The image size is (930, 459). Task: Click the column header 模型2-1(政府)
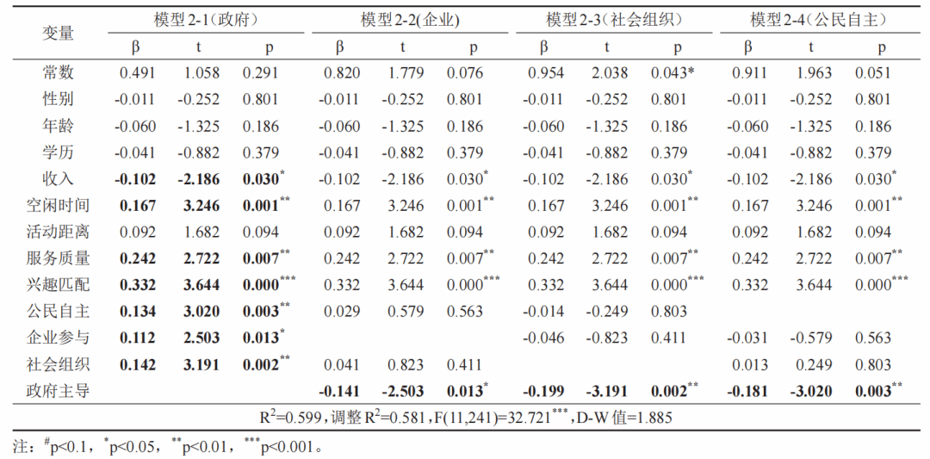pos(205,20)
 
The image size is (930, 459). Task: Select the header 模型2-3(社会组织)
pos(613,20)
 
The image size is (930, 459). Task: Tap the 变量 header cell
pos(59,34)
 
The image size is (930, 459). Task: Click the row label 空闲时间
pos(59,205)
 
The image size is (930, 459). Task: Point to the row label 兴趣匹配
pos(59,285)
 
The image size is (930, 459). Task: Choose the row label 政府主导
pos(59,391)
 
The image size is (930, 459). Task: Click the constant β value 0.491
pos(138,73)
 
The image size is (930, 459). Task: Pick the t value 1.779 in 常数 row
pos(404,73)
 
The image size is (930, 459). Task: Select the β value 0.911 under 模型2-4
pos(749,73)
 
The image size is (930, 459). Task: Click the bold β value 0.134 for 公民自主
pos(138,312)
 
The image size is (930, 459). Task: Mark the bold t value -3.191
pos(607,391)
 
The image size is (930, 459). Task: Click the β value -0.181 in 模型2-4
pos(746,391)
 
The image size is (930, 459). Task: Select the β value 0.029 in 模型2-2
pos(342,312)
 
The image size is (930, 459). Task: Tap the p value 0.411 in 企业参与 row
pos(669,338)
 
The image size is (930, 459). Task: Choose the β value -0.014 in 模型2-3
pos(543,312)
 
